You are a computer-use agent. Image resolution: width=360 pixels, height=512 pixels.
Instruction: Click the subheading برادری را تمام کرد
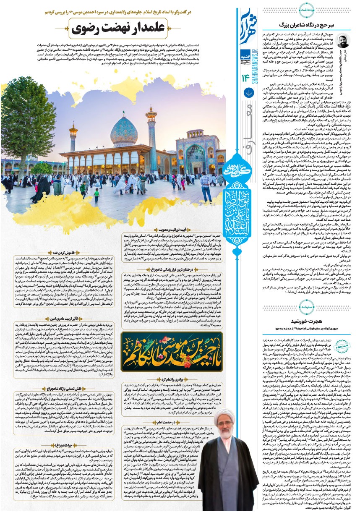coord(173,379)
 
